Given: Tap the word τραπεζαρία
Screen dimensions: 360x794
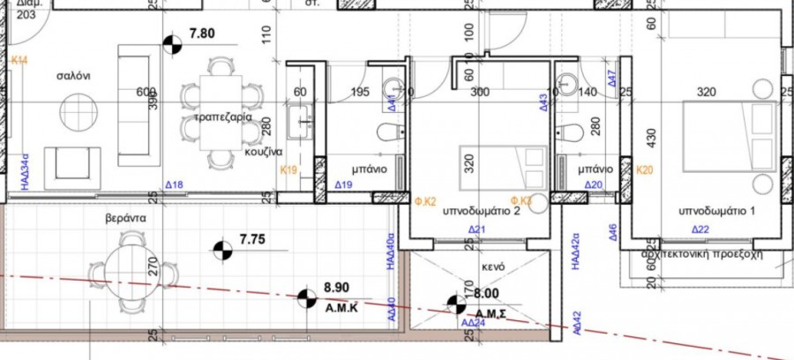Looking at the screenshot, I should click(x=222, y=116).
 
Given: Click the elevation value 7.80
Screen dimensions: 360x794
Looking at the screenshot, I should click(x=203, y=35).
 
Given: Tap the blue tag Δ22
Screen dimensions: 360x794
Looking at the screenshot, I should click(x=700, y=229).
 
